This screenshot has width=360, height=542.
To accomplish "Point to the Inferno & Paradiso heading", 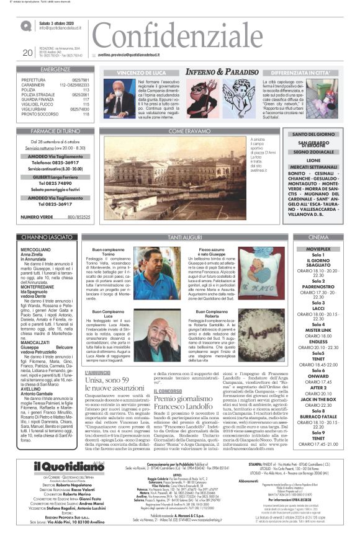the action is (222, 72).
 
